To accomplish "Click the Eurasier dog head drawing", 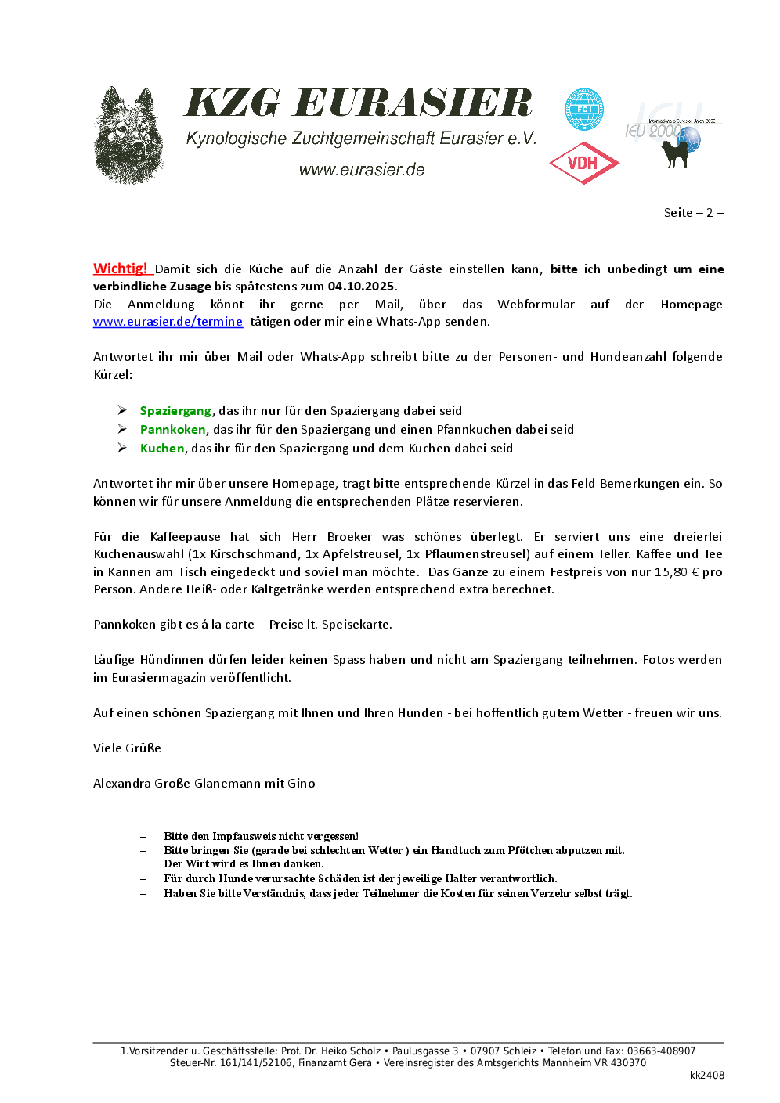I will click(129, 136).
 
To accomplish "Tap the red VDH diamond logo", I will click(584, 163).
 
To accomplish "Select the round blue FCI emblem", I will click(584, 109).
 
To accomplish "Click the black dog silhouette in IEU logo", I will click(675, 152).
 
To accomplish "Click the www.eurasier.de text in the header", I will click(362, 170).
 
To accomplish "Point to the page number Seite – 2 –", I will click(693, 213).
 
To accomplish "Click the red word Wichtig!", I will click(121, 269).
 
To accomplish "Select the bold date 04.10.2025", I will click(361, 287).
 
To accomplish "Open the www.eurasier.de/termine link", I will click(168, 322).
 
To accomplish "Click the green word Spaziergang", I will click(175, 411).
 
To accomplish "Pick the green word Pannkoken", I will click(172, 430).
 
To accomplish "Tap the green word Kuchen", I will click(162, 449).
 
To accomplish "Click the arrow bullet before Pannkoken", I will click(123, 429).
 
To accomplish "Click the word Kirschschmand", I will click(255, 554).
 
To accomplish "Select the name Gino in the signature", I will click(302, 784).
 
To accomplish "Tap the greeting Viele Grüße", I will click(127, 748).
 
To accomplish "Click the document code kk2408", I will click(706, 1076).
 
